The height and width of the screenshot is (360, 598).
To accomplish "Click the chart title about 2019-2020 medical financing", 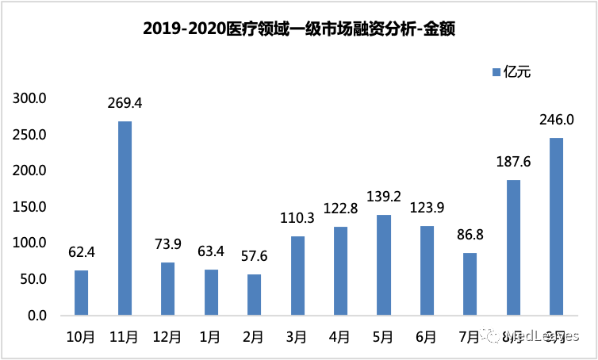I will click(x=299, y=29).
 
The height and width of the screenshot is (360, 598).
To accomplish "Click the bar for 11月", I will click(x=125, y=218).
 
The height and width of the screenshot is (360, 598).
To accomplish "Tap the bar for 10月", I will click(x=82, y=293).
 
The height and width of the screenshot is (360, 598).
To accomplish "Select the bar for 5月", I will click(x=384, y=265).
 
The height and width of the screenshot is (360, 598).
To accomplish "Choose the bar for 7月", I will click(x=470, y=284).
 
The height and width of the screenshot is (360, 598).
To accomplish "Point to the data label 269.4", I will click(x=125, y=103).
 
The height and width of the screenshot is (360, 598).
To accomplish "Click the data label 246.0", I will click(x=556, y=121).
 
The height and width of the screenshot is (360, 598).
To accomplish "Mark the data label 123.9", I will click(x=427, y=209).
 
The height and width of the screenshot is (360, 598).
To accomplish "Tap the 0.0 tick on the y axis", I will click(x=37, y=316).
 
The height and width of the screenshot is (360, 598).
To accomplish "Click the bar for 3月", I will click(x=297, y=275).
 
